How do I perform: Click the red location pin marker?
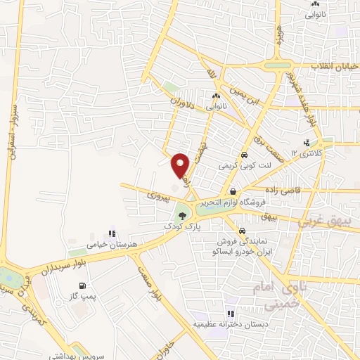[x=180, y=165]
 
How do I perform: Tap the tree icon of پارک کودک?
[x=183, y=216]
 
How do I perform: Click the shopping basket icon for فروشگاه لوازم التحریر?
[x=231, y=191]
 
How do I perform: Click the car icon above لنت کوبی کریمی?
[x=243, y=155]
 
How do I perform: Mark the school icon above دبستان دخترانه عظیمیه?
[x=229, y=314]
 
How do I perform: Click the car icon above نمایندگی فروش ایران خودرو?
[x=241, y=230]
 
